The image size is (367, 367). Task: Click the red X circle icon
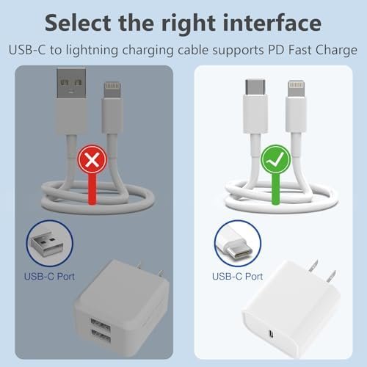click(92, 159)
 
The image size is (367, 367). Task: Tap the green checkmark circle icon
click(276, 159)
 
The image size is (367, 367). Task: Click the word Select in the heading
click(78, 23)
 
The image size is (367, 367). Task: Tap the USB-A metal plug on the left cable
click(71, 83)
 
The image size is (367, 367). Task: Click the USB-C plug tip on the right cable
click(255, 87)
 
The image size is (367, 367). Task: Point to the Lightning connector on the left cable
click(112, 90)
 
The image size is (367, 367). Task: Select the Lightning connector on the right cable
click(297, 88)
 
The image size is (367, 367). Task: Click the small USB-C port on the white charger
click(271, 333)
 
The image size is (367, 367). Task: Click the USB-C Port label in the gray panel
click(49, 277)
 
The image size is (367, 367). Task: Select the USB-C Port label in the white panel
click(237, 277)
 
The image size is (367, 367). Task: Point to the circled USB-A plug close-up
click(50, 243)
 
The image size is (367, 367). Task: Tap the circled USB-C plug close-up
click(238, 243)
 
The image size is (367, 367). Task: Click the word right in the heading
click(188, 23)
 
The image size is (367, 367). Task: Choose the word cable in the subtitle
click(193, 50)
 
